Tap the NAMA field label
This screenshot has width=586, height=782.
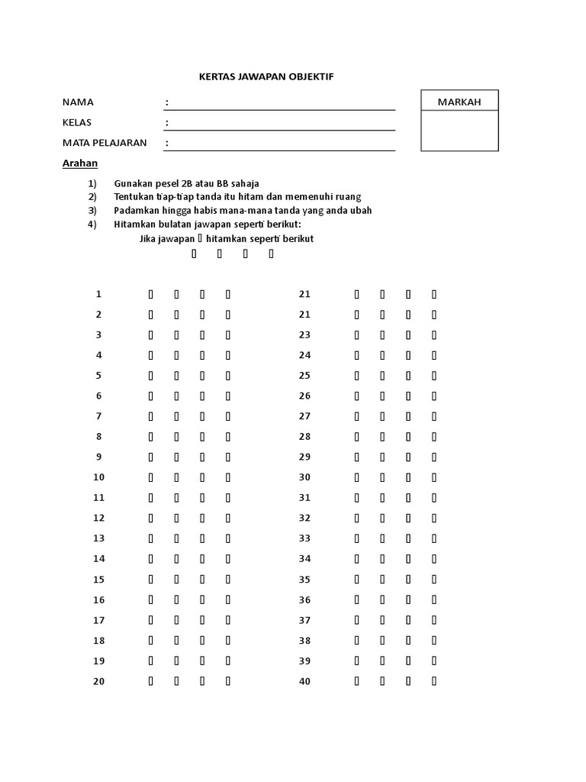78,102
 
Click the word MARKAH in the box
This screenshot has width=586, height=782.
459,102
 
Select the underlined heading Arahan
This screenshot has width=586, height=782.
79,163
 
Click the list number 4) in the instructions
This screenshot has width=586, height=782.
92,224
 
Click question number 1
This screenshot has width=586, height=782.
98,294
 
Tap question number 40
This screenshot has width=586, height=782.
305,681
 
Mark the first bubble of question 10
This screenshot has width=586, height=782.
150,477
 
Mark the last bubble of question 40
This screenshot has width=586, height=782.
434,681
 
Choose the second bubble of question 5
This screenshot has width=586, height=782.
176,376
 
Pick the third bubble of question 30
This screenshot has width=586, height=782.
408,477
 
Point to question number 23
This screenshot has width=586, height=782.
305,334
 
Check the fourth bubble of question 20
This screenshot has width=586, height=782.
228,681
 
